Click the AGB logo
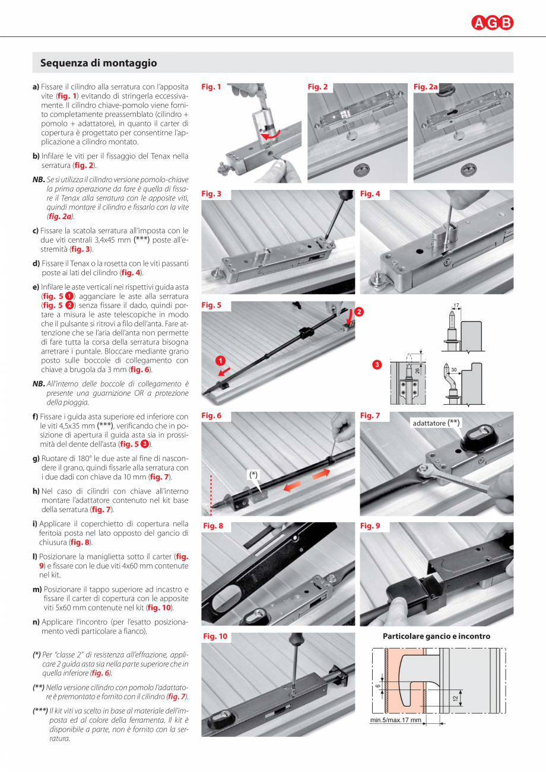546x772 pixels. [x=493, y=23]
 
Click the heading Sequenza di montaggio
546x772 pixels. [x=99, y=63]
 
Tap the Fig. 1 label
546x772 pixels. [x=211, y=87]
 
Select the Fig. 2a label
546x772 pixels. [x=426, y=87]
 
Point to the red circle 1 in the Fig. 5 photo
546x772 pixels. [x=220, y=361]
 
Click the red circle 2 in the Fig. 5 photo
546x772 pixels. [x=358, y=312]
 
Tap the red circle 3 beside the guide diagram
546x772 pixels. [x=376, y=364]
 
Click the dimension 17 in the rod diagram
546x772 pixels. [x=456, y=306]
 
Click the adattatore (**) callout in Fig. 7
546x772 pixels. [x=437, y=422]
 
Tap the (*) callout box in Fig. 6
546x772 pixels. [x=254, y=474]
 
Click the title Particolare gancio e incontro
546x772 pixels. [x=436, y=636]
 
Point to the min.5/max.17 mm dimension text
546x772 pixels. [x=395, y=721]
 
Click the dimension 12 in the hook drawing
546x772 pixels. [x=455, y=698]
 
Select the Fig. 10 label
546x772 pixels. [x=215, y=636]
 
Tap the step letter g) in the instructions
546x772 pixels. [x=36, y=458]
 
